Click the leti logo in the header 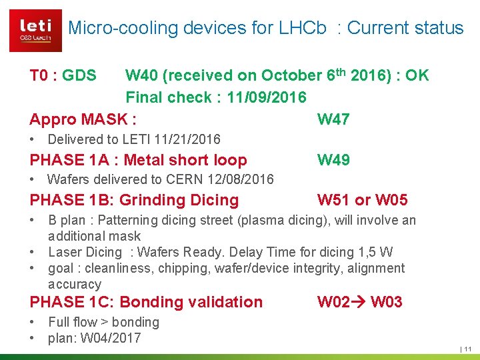point(35,31)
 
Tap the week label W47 point(333,119)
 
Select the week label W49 point(333,160)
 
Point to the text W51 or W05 point(363,200)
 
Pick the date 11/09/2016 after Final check point(267,98)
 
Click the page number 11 point(467,349)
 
